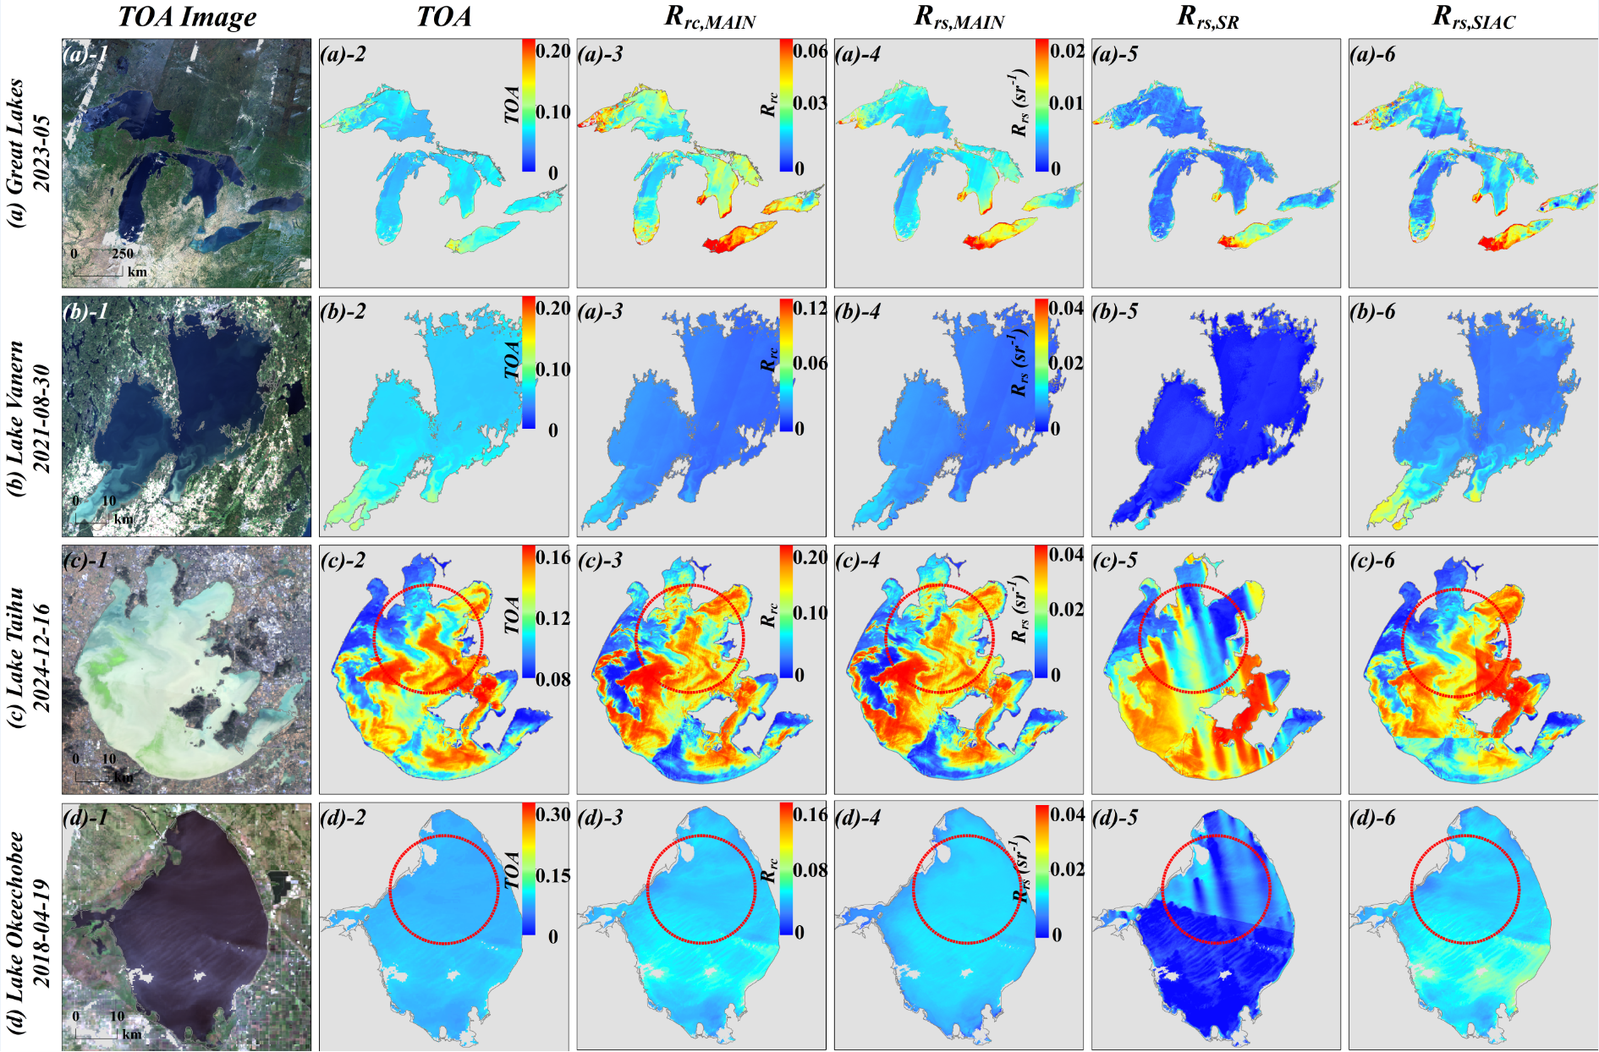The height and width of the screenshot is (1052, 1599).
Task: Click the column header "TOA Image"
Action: point(187,17)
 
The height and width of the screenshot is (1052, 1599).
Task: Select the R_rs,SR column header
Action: point(1207,18)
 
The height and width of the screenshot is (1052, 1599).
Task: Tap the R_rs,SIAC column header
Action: point(1473,18)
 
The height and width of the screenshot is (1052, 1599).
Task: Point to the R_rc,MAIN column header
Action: point(709,18)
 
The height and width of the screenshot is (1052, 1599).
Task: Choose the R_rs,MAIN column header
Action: point(959,18)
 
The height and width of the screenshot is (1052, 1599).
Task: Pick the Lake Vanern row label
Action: point(28,407)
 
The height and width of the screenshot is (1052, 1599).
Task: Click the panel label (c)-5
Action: point(1115,561)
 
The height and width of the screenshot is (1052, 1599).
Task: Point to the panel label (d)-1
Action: point(85,818)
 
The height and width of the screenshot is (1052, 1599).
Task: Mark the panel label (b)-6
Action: point(1372,312)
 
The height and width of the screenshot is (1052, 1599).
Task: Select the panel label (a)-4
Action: point(858,55)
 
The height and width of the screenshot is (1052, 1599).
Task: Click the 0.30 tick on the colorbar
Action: point(553,814)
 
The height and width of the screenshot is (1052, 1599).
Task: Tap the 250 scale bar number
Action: point(123,253)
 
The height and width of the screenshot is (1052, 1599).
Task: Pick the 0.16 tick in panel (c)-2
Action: point(553,557)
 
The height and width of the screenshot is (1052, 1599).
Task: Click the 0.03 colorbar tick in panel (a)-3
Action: point(810,103)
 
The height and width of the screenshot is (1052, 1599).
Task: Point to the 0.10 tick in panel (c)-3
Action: point(810,613)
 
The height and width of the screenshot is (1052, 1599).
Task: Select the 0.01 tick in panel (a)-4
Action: point(1066,103)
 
